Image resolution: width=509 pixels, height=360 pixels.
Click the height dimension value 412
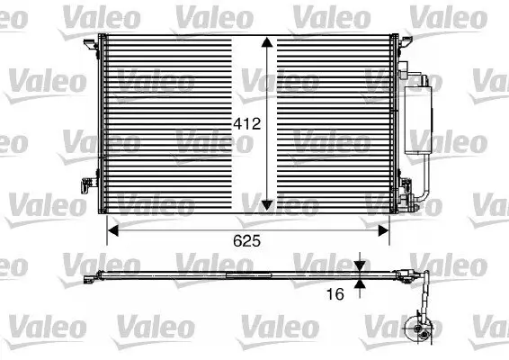click(248, 126)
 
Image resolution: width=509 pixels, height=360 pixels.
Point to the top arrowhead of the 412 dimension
click(267, 45)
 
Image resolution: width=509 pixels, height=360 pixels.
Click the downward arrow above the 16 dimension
click(361, 265)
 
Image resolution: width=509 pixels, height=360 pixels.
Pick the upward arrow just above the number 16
click(361, 283)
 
